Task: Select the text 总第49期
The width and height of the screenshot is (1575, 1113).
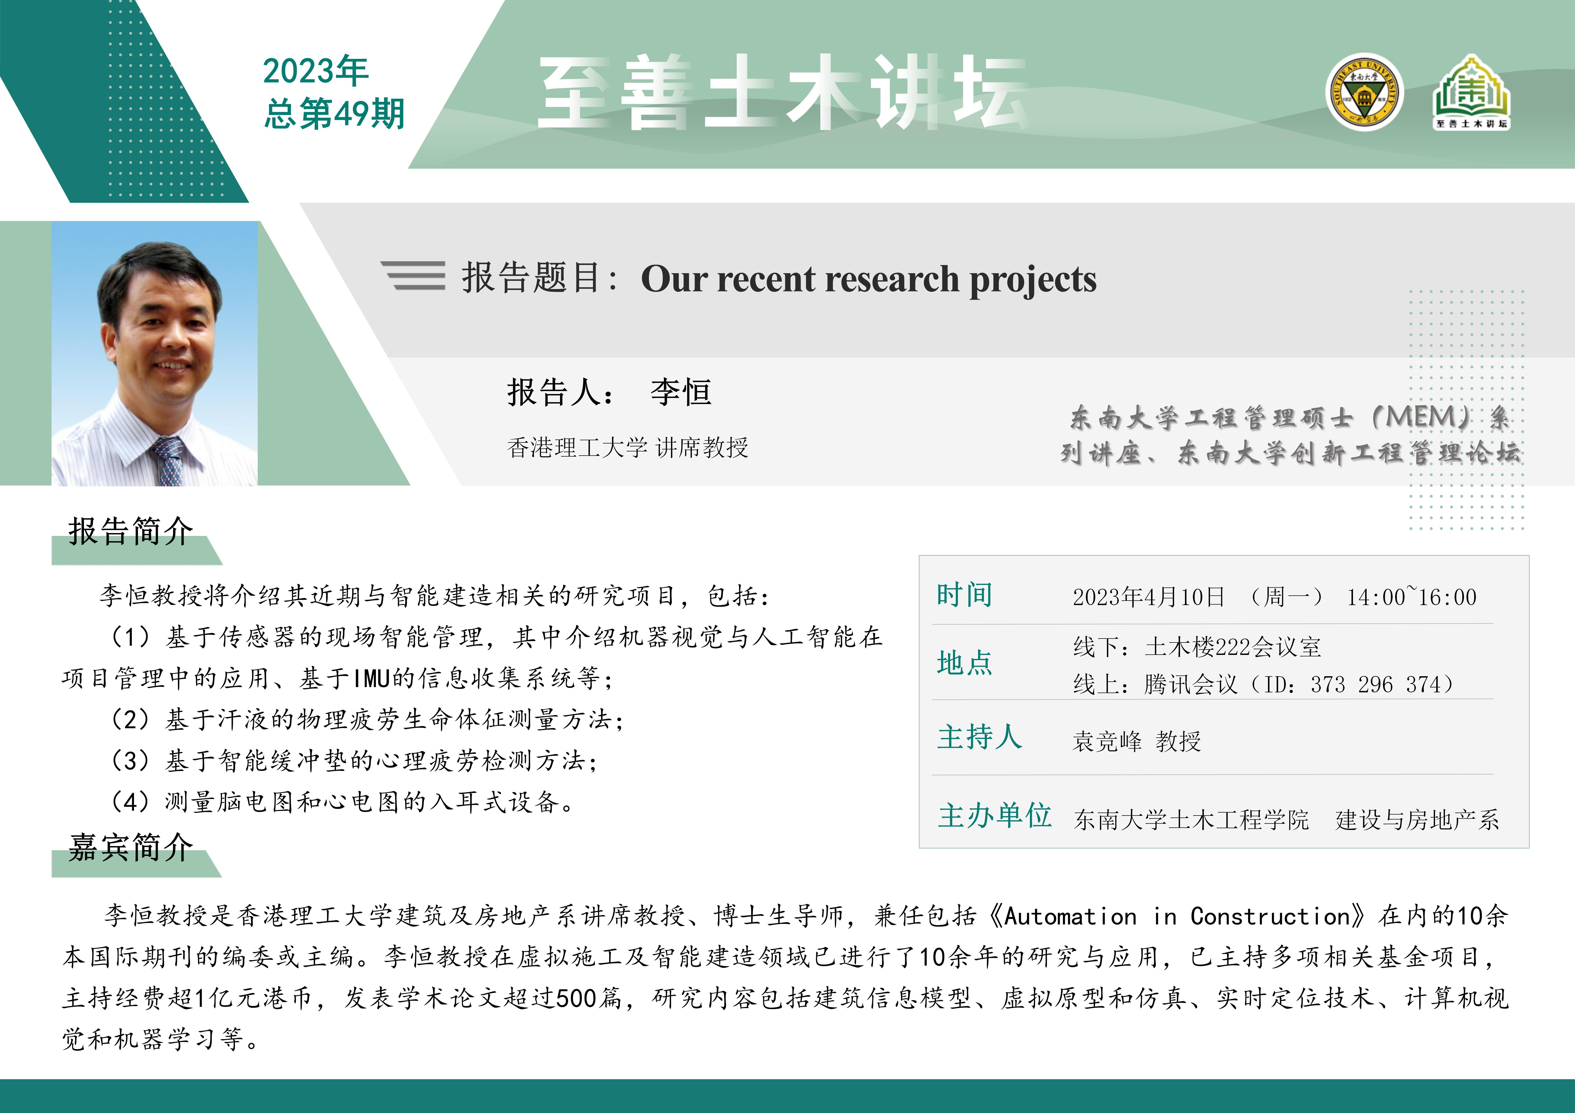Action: pos(335,113)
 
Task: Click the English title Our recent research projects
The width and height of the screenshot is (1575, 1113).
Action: pos(869,279)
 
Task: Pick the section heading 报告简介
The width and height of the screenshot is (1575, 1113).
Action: pos(130,531)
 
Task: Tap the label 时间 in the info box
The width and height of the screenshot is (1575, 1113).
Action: pos(964,594)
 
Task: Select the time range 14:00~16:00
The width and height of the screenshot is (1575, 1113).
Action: pos(1412,596)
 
